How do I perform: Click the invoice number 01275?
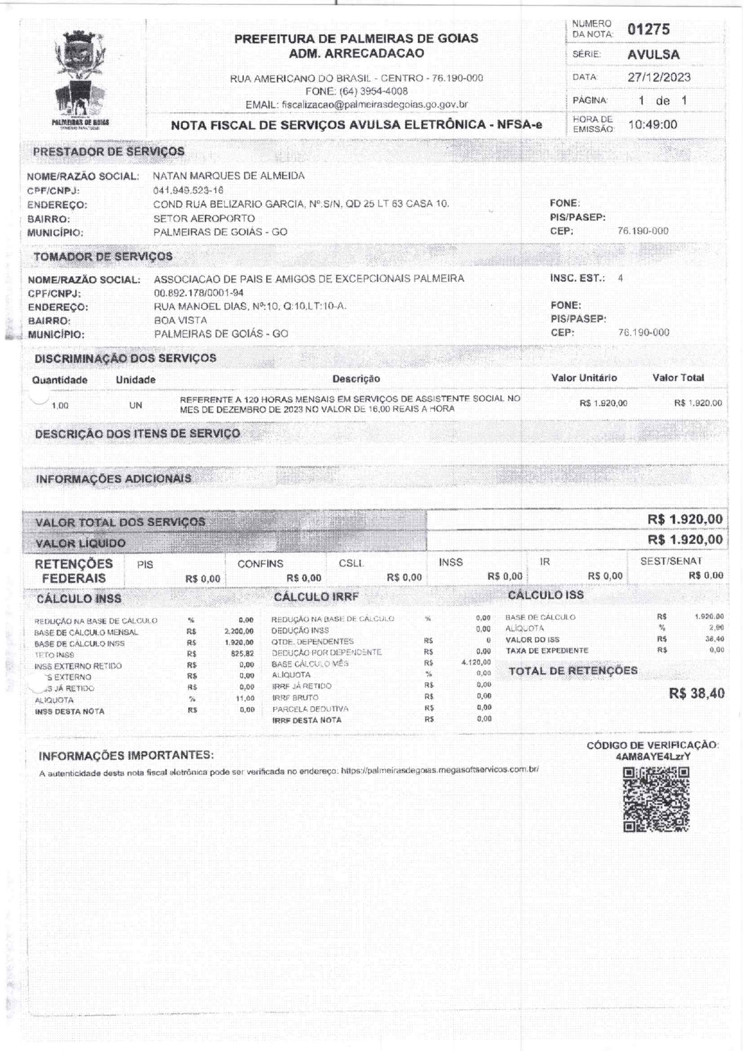[x=648, y=29]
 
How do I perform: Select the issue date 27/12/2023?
[x=659, y=77]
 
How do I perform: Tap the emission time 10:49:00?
[x=653, y=125]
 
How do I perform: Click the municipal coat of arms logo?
[x=80, y=78]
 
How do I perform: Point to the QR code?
[x=656, y=799]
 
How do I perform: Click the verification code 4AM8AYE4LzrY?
[x=653, y=756]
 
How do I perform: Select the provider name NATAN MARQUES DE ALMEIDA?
[x=229, y=176]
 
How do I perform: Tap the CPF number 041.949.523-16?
[x=188, y=190]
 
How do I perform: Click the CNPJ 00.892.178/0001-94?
[x=198, y=293]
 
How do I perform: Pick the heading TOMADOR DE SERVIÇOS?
[x=103, y=256]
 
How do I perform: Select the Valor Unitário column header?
[x=584, y=378]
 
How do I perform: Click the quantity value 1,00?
[x=60, y=405]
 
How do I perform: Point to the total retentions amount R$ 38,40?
[x=696, y=693]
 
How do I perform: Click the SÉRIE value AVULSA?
[x=653, y=54]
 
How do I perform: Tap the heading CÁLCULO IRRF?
[x=316, y=596]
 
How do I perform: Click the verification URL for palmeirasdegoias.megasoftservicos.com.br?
[x=440, y=770]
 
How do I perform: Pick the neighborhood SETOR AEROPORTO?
[x=204, y=219]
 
